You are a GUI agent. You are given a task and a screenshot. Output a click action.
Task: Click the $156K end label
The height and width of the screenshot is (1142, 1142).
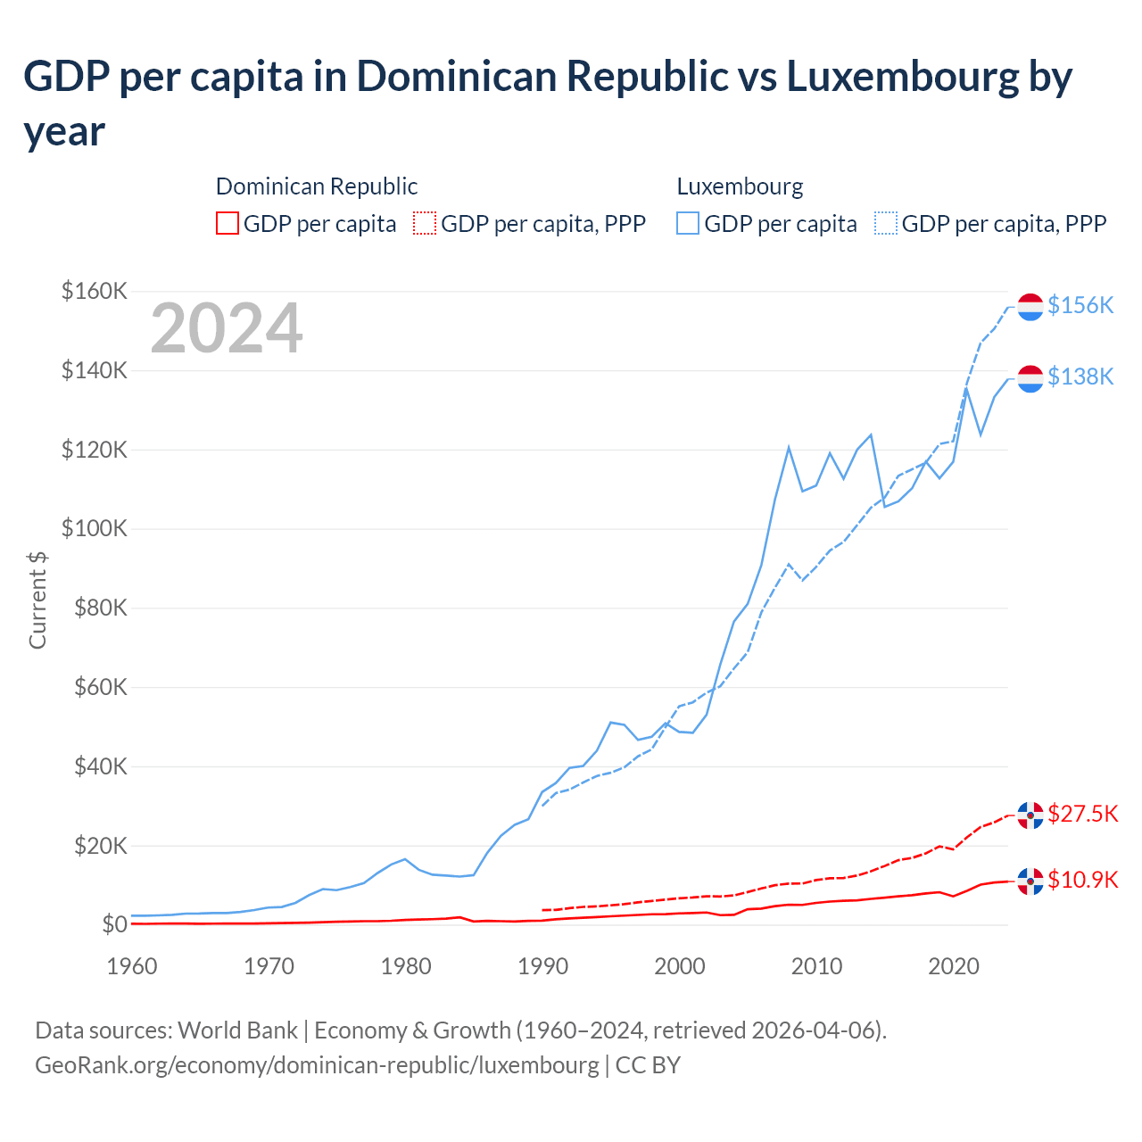pyautogui.click(x=1080, y=305)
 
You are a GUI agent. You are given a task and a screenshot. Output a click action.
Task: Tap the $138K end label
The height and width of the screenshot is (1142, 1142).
pyautogui.click(x=1080, y=377)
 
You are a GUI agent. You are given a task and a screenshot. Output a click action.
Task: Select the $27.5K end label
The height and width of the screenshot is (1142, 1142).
pyautogui.click(x=1082, y=814)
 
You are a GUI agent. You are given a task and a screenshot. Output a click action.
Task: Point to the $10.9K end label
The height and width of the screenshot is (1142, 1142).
pyautogui.click(x=1082, y=880)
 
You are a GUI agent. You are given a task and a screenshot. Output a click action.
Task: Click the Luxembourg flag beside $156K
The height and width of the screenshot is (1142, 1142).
pyautogui.click(x=1030, y=306)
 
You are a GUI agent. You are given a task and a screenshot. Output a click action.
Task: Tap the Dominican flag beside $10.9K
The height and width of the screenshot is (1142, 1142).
pyautogui.click(x=1030, y=881)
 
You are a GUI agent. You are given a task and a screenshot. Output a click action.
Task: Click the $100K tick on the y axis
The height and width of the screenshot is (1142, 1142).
pyautogui.click(x=95, y=528)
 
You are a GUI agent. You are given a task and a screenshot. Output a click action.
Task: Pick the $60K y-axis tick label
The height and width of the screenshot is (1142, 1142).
pyautogui.click(x=95, y=687)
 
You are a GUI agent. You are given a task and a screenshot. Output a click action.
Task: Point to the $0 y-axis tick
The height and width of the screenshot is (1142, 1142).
pyautogui.click(x=113, y=924)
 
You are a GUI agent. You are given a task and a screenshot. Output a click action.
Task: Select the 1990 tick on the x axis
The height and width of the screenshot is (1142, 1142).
pyautogui.click(x=542, y=966)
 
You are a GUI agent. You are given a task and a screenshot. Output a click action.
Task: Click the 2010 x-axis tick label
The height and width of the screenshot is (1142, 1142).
pyautogui.click(x=817, y=966)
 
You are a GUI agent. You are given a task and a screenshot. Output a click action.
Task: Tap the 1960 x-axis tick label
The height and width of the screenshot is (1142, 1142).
pyautogui.click(x=132, y=966)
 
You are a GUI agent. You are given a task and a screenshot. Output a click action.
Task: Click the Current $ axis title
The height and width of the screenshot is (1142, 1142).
pyautogui.click(x=37, y=600)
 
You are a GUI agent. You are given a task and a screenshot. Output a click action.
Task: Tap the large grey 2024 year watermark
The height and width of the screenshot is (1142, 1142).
pyautogui.click(x=227, y=328)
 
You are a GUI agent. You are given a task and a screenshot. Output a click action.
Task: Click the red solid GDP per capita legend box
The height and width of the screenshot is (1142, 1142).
pyautogui.click(x=228, y=223)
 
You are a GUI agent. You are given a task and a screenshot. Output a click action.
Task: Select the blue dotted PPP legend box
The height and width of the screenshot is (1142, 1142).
pyautogui.click(x=886, y=223)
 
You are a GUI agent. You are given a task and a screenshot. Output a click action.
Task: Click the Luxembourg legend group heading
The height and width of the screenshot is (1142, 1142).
pyautogui.click(x=740, y=186)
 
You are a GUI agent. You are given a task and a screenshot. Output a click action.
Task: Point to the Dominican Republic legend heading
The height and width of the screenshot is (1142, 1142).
pyautogui.click(x=317, y=186)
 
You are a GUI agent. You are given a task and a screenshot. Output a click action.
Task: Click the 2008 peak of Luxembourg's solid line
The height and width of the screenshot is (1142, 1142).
pyautogui.click(x=789, y=447)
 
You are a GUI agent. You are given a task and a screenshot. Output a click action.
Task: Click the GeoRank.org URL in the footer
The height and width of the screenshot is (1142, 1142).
pyautogui.click(x=317, y=1064)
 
